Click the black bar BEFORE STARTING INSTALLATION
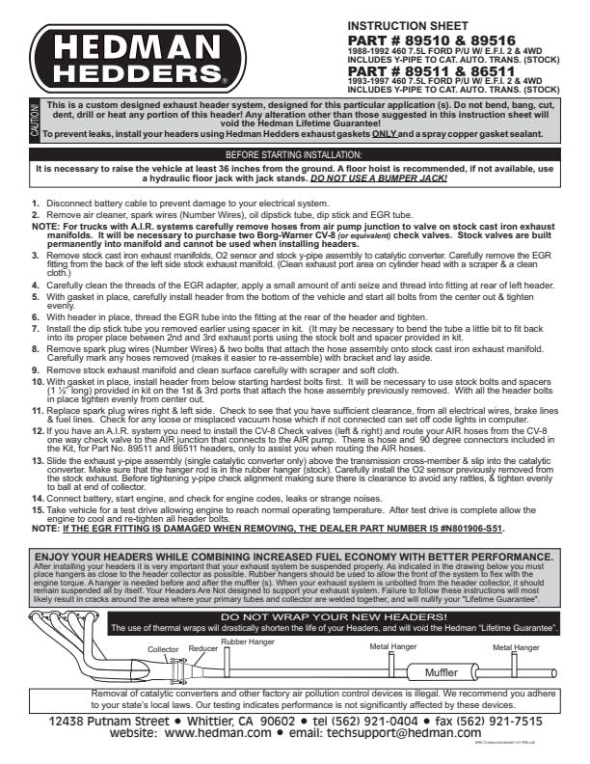(294, 154)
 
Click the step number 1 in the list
(37, 204)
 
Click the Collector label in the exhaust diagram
(163, 649)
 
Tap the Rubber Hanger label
(247, 641)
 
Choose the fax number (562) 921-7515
(488, 721)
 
